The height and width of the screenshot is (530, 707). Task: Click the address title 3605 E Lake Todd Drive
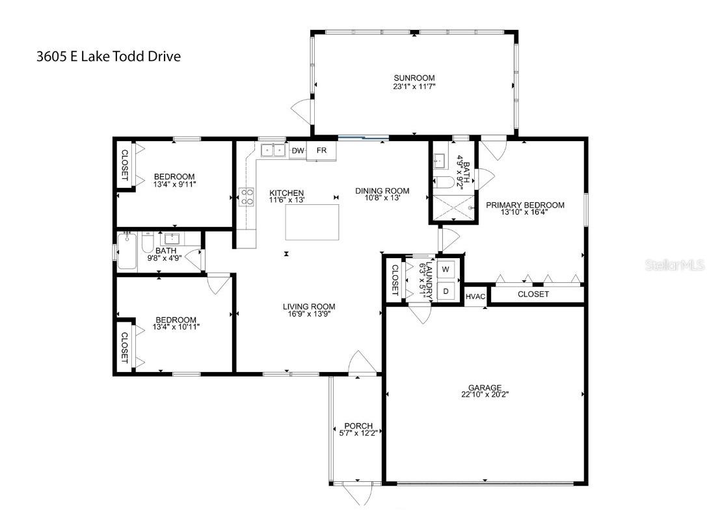pos(109,57)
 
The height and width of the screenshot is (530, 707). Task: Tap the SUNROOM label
pos(414,78)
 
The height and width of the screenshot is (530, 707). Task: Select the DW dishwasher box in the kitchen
pos(298,151)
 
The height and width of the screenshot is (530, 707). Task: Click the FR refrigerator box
pos(321,151)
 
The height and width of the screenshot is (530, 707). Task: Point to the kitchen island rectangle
pos(313,222)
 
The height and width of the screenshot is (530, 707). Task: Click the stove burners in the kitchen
pos(247,196)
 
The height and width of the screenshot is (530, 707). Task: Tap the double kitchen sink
pos(273,151)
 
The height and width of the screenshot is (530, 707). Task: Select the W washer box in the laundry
pos(446,269)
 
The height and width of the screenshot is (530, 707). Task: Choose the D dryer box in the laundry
pos(446,291)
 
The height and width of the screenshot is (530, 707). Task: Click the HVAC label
pos(475,297)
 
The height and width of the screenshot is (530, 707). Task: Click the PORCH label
pos(359,426)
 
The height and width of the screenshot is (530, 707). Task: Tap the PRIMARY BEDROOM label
pos(525,205)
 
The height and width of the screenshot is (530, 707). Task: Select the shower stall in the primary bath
pos(454,207)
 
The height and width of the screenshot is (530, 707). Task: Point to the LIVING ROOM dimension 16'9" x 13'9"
pos(309,314)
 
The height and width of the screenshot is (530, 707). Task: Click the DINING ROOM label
pos(382,191)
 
